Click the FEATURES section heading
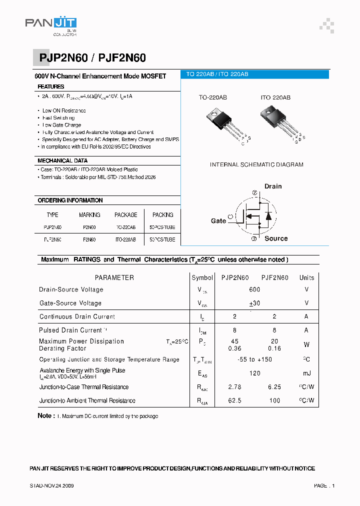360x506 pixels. tap(51, 87)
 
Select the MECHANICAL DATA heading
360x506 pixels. tap(62, 161)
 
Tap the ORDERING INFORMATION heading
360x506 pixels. tap(70, 200)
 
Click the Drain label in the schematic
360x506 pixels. tap(273, 186)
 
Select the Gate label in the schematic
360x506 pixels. tap(218, 221)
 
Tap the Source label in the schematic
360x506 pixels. tap(276, 239)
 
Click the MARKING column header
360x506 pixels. tap(89, 215)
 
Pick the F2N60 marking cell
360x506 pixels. tap(89, 240)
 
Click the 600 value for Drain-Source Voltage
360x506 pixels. tap(254, 289)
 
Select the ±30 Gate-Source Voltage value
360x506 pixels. tap(254, 303)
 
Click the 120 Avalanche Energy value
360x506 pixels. tap(254, 373)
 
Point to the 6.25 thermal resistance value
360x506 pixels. tap(274, 387)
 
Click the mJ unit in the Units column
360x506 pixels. tap(306, 373)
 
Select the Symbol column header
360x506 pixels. tap(202, 277)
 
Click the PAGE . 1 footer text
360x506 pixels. tap(324, 485)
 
